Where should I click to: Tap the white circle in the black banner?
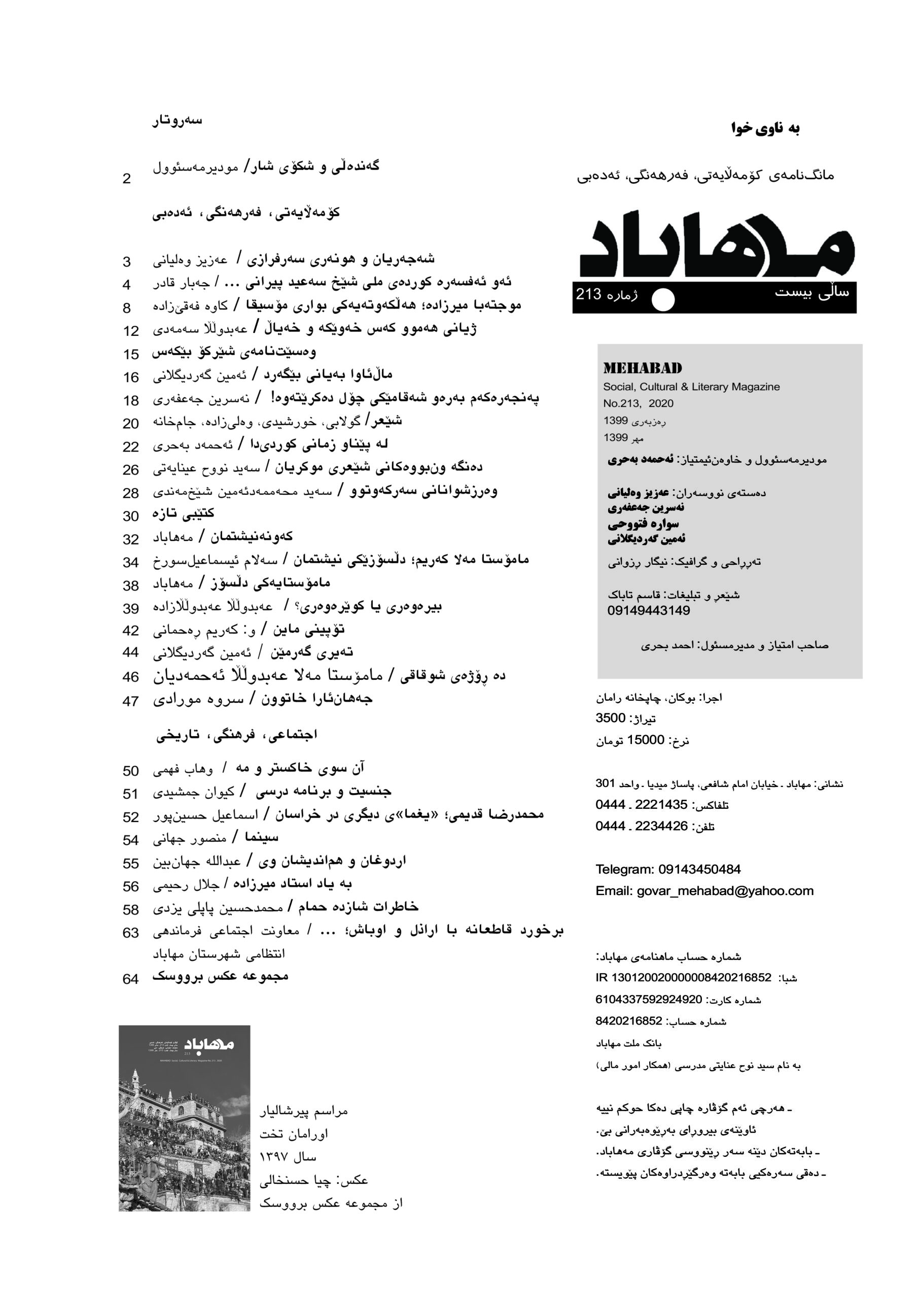pyautogui.click(x=663, y=300)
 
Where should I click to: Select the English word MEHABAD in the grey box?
pyautogui.click(x=642, y=368)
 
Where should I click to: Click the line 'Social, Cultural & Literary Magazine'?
pyautogui.click(x=691, y=387)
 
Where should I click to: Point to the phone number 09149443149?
pyautogui.click(x=648, y=610)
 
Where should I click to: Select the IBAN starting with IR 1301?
pyautogui.click(x=683, y=978)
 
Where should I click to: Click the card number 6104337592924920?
pyautogui.click(x=648, y=999)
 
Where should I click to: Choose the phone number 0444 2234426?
pyautogui.click(x=641, y=826)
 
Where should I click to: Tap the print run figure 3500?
pyautogui.click(x=610, y=719)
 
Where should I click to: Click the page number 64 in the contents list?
pyautogui.click(x=131, y=979)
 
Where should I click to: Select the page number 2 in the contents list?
pyautogui.click(x=127, y=179)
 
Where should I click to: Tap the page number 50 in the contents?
pyautogui.click(x=131, y=771)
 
